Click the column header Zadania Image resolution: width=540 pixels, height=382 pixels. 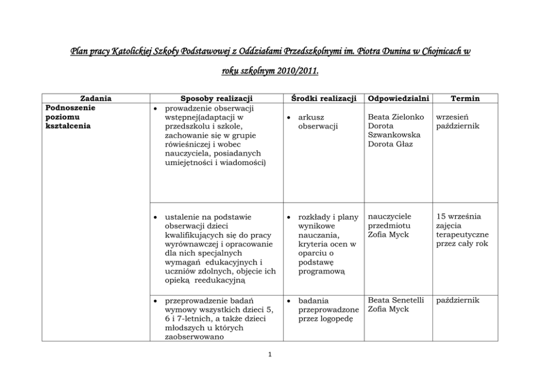[x=96, y=98]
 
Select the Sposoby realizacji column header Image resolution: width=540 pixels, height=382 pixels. [x=216, y=98]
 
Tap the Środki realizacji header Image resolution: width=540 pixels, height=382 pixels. [x=324, y=98]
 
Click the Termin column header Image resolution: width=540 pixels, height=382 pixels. [x=465, y=98]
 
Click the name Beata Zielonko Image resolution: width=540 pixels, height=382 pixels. [x=396, y=117]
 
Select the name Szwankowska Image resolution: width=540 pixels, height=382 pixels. [x=394, y=135]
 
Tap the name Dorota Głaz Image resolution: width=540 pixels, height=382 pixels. [x=390, y=144]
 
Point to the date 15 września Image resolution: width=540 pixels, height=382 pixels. [x=458, y=217]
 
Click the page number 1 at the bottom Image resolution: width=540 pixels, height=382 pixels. [x=270, y=355]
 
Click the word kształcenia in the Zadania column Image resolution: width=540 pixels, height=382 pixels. [x=68, y=126]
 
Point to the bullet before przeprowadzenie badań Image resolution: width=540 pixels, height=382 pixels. [x=156, y=300]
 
